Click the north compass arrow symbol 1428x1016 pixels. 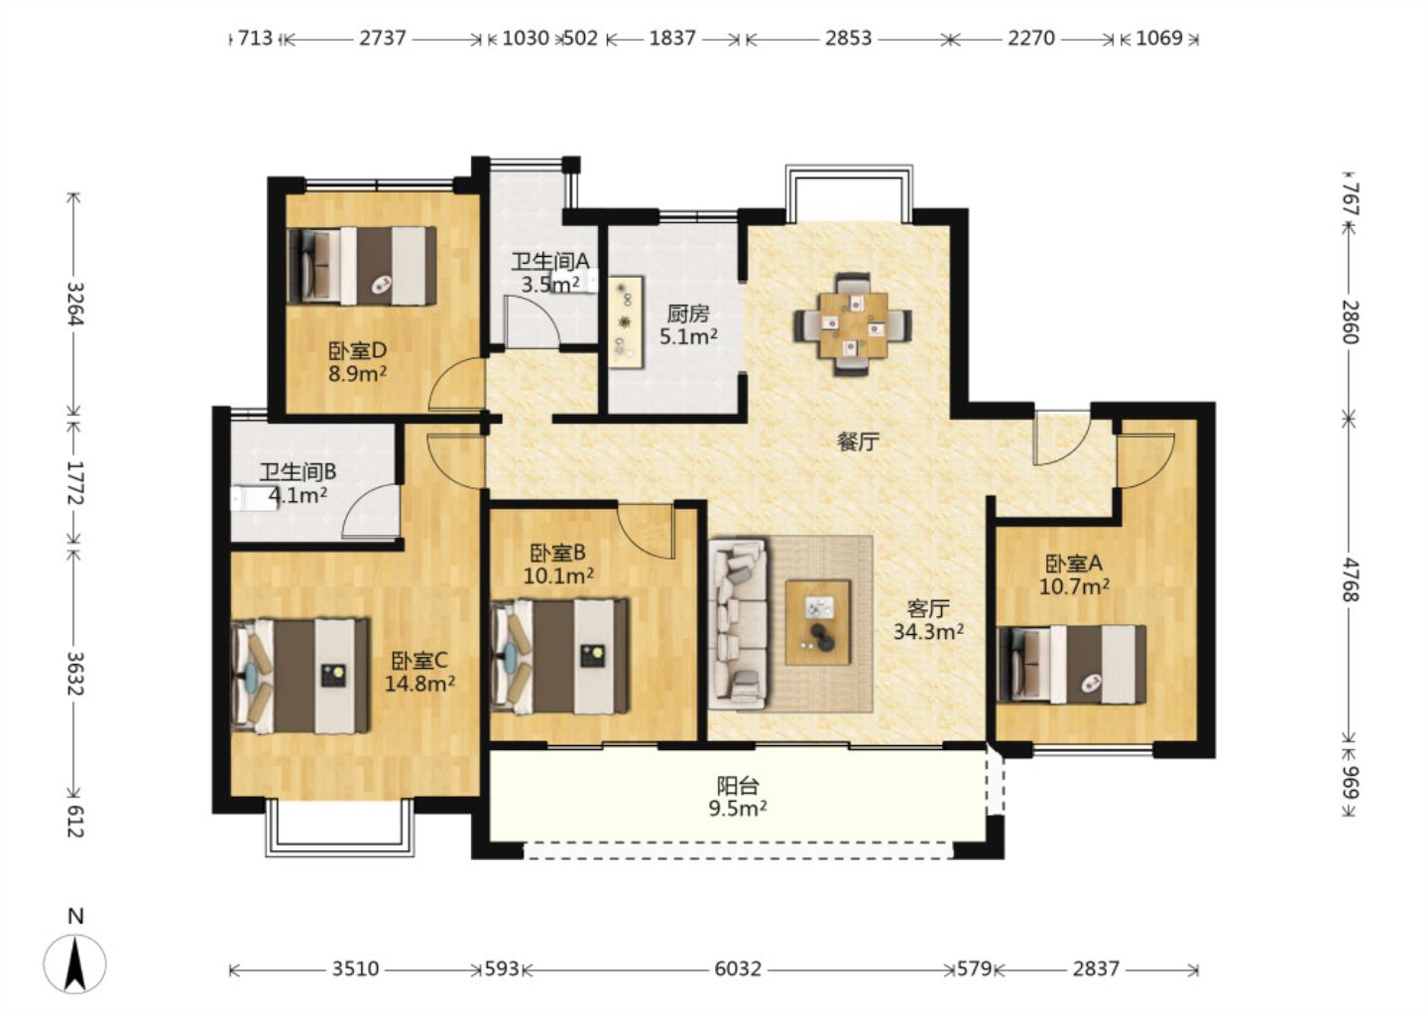pos(74,963)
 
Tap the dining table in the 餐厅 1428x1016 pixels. pos(853,324)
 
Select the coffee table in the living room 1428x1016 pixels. pos(818,622)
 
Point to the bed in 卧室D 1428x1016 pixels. pos(362,265)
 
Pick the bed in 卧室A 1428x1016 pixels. pos(1072,664)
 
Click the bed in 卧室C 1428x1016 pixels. pos(300,676)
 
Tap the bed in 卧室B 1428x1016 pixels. pos(559,656)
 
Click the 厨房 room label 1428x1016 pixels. pos(688,314)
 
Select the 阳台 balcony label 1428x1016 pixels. pos(738,784)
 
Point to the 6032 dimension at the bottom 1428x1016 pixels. pos(738,968)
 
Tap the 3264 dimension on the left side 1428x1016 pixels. pos(75,303)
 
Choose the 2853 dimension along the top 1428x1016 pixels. pos(848,39)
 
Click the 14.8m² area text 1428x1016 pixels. pos(419,684)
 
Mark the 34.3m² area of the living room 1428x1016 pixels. pos(927,631)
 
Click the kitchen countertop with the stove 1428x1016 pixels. pos(625,321)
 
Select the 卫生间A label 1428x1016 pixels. pos(550,261)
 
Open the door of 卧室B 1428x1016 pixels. pos(647,531)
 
